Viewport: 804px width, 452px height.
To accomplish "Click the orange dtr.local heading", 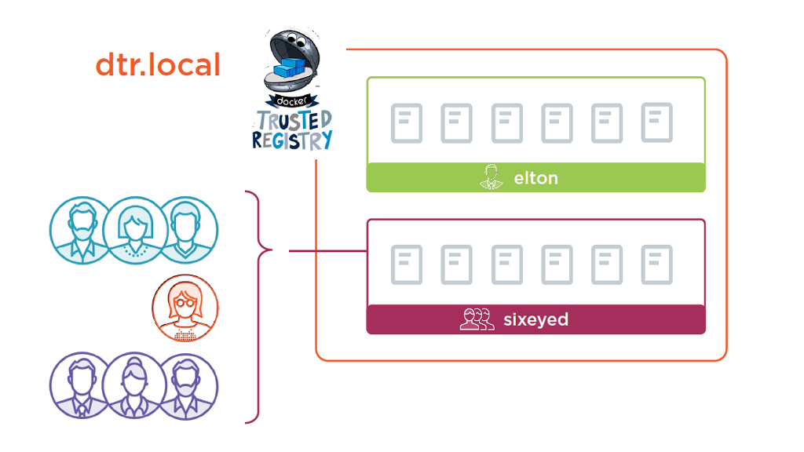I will click(158, 65).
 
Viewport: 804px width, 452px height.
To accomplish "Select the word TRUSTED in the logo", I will click(292, 121).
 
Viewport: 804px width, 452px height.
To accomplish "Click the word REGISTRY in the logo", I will click(292, 141).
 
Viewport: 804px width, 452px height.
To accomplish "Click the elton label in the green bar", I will click(535, 178).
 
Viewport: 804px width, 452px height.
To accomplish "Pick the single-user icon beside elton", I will click(491, 177).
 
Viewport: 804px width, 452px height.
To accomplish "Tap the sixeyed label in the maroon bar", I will click(535, 320).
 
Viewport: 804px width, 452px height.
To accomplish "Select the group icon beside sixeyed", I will click(477, 320).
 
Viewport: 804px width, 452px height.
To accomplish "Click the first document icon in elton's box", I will click(407, 123).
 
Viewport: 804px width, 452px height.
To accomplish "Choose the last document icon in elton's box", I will click(656, 122).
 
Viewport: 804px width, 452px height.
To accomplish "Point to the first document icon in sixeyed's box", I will click(407, 264).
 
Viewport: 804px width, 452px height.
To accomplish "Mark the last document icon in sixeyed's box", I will click(656, 264).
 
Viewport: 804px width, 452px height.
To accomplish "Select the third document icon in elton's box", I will click(507, 123).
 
